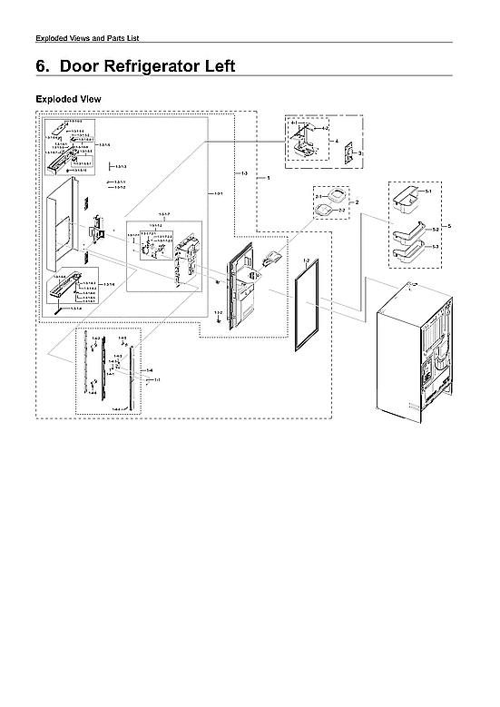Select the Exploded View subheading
click(x=68, y=98)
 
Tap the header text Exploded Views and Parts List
click(x=86, y=37)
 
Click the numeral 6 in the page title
click(x=40, y=66)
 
